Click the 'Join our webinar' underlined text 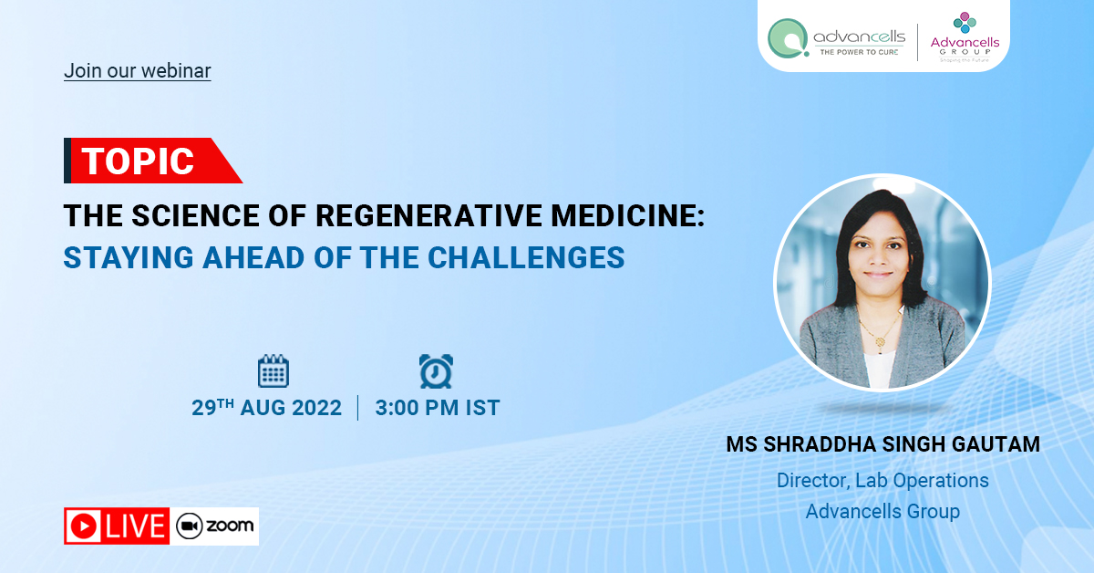coord(138,71)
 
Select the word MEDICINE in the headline coord(627,215)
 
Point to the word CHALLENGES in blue coord(526,257)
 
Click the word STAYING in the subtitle coord(129,257)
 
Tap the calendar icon coord(273,370)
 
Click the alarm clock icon coord(436,371)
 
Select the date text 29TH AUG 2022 coord(266,408)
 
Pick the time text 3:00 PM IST coord(438,408)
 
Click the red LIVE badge coord(117,526)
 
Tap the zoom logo coord(215,526)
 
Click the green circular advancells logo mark coord(788,38)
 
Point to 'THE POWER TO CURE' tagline coord(859,52)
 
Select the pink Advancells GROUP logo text coord(965,46)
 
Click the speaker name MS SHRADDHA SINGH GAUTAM coord(883,444)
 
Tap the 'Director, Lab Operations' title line coord(882,481)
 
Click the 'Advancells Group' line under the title coord(882,511)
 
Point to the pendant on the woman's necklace coord(880,342)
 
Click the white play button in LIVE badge coord(84,526)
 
